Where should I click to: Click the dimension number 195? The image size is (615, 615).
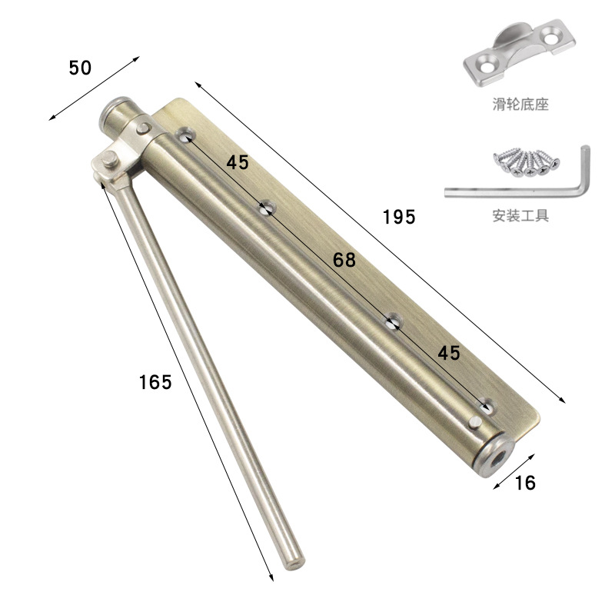click(399, 217)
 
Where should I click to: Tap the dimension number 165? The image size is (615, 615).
click(155, 382)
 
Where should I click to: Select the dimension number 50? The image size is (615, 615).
click(80, 68)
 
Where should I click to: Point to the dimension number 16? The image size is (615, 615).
click(525, 483)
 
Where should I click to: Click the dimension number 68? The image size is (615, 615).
click(344, 260)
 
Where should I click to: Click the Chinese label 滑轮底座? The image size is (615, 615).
click(520, 105)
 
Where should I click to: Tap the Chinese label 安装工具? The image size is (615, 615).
click(520, 215)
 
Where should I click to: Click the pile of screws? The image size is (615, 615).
click(527, 162)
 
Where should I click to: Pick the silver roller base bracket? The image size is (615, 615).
click(520, 52)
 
